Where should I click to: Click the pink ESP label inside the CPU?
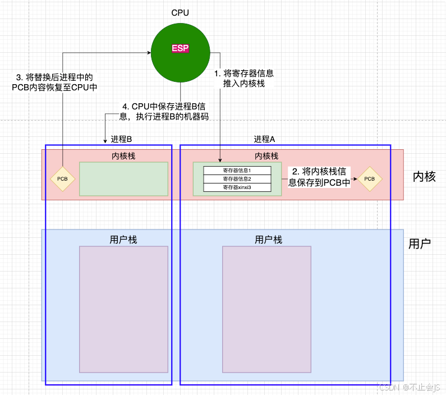[x=181, y=49]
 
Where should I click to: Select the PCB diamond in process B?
[x=62, y=179]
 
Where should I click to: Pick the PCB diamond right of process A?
[x=370, y=179]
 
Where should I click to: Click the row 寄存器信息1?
[x=237, y=171]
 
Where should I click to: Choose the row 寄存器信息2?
[x=237, y=179]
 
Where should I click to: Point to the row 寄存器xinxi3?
[x=237, y=187]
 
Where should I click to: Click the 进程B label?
[x=121, y=139]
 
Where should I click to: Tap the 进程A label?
[x=265, y=139]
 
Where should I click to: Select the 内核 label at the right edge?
[x=424, y=177]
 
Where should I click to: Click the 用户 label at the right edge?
[x=420, y=244]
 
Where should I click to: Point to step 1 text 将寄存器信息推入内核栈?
[x=244, y=78]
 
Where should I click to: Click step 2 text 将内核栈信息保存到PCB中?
[x=320, y=177]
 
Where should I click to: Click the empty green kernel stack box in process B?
[x=123, y=179]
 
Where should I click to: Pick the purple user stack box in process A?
[x=266, y=309]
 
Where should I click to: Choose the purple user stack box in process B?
[x=123, y=309]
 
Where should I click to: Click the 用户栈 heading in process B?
[x=123, y=240]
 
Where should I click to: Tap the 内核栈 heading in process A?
[x=266, y=156]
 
